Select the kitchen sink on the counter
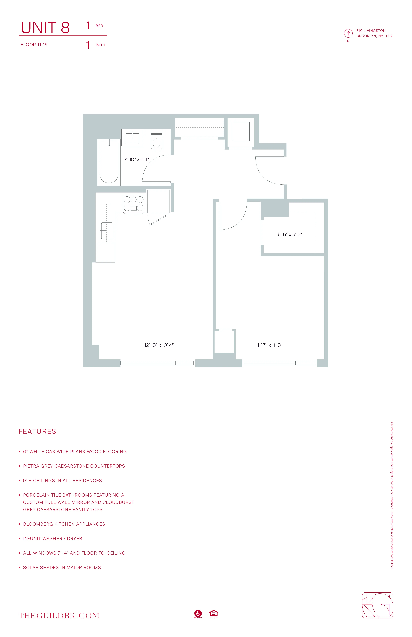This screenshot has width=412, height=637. (107, 231)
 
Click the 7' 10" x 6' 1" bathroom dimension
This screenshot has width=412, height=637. (136, 159)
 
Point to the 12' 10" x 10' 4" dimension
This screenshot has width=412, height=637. (159, 345)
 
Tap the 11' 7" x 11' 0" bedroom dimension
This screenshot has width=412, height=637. (270, 345)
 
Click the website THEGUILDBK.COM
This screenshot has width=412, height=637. (59, 616)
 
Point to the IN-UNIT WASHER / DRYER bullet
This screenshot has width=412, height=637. (52, 538)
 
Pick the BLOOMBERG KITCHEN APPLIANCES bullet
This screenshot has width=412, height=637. (64, 524)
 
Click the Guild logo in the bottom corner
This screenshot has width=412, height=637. (377, 605)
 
